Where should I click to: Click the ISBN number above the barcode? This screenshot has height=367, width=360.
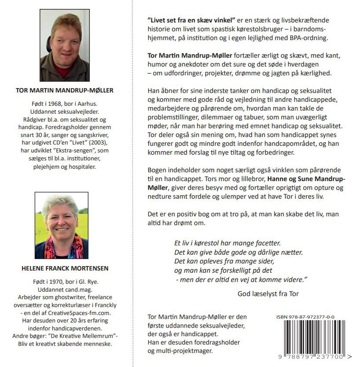tap(305, 317)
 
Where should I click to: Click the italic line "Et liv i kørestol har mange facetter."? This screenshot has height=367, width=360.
tap(227, 243)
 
